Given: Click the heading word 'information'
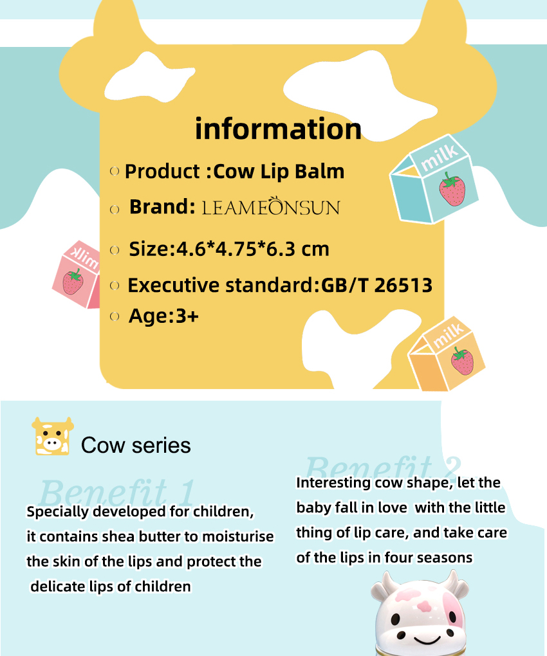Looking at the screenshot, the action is click(x=278, y=129).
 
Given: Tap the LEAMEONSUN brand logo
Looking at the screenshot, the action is click(x=271, y=206).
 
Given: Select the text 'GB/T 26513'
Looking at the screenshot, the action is click(x=376, y=286).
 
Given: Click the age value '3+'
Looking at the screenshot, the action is click(x=187, y=316).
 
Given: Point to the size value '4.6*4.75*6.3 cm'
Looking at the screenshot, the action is click(x=252, y=249).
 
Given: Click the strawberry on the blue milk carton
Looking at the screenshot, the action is click(x=452, y=190).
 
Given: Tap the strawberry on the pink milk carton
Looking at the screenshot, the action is click(x=73, y=282).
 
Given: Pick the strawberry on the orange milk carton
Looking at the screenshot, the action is click(x=463, y=361).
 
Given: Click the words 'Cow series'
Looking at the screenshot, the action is click(x=136, y=445).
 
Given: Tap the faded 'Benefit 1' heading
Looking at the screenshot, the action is click(x=117, y=492).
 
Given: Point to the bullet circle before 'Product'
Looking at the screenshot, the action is click(x=115, y=171).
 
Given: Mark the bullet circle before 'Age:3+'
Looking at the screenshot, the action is click(x=115, y=316).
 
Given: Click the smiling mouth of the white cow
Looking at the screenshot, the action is click(x=428, y=640).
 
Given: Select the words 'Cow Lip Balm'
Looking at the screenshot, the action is click(x=279, y=172).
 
